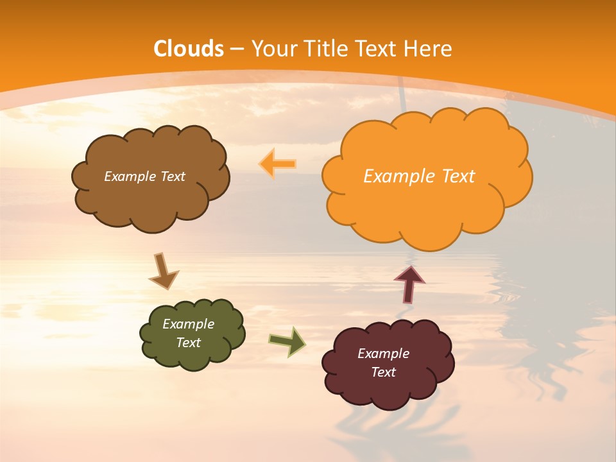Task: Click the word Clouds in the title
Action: click(189, 49)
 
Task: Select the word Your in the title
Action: click(273, 49)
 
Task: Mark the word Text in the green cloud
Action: click(188, 343)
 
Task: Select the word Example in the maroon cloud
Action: click(383, 354)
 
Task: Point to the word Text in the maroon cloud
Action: click(383, 372)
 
